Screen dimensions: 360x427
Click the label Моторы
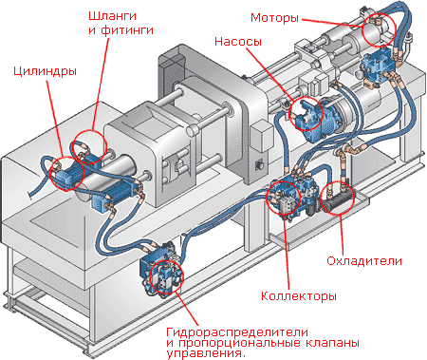(x=277, y=18)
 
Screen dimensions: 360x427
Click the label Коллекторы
(x=298, y=296)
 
